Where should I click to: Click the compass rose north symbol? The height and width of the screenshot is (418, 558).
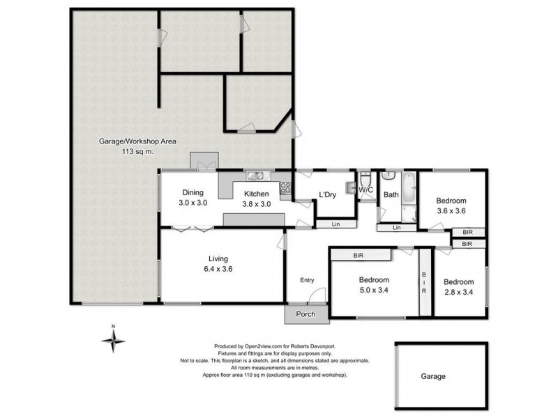[x=113, y=341]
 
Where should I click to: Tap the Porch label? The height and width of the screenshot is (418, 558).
[x=306, y=314]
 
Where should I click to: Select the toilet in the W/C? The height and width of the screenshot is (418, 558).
[x=365, y=180]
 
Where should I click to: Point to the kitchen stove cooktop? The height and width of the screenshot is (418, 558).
[x=285, y=187]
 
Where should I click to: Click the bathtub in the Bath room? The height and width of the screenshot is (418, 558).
[x=409, y=188]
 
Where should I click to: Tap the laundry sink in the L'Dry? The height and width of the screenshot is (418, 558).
[x=349, y=187]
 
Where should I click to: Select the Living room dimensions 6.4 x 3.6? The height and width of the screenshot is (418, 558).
[x=218, y=269]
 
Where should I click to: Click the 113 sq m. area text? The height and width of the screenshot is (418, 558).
[x=137, y=151]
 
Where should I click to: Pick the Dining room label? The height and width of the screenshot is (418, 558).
[x=193, y=193]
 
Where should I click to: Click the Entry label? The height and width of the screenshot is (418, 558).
[x=307, y=280]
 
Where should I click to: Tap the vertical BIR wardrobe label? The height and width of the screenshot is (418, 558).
[x=424, y=283]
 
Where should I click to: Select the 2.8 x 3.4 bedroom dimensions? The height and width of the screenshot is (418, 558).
[x=459, y=292]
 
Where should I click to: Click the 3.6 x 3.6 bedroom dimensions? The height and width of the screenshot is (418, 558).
[x=451, y=211]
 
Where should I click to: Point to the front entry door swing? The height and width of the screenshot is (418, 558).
[x=317, y=295]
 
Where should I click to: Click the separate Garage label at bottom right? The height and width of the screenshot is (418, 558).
[x=433, y=376]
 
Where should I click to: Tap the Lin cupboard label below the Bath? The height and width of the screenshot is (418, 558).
[x=396, y=228]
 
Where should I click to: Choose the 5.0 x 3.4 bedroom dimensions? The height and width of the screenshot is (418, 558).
[x=374, y=290]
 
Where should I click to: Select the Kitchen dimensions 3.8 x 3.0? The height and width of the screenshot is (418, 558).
[x=257, y=204]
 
